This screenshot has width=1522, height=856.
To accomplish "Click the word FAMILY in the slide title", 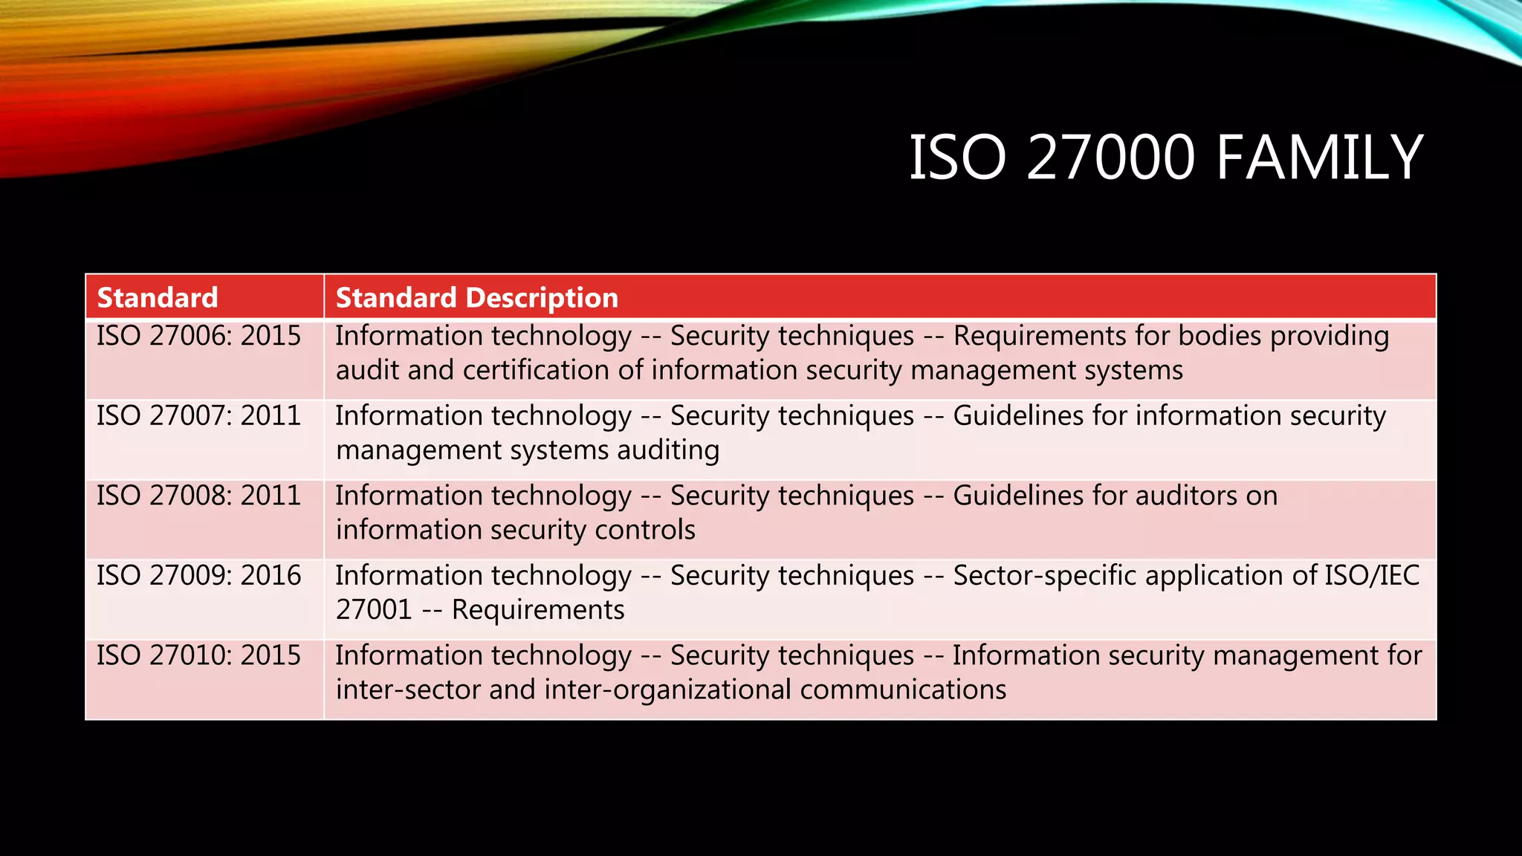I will click(1319, 158).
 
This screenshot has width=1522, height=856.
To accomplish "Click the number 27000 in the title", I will click(1110, 158).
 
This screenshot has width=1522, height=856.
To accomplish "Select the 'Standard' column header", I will click(158, 298).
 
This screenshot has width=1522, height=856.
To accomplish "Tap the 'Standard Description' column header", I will click(476, 298).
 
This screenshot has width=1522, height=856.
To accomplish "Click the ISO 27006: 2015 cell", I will click(198, 336).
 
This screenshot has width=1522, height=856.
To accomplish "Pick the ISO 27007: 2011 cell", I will click(198, 415).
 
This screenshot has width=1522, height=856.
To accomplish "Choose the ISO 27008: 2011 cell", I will click(198, 496).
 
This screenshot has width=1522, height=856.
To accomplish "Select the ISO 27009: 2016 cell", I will click(198, 575).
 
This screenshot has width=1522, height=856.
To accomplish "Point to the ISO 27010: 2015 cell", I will click(198, 655).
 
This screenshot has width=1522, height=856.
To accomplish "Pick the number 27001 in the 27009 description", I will click(374, 610).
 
